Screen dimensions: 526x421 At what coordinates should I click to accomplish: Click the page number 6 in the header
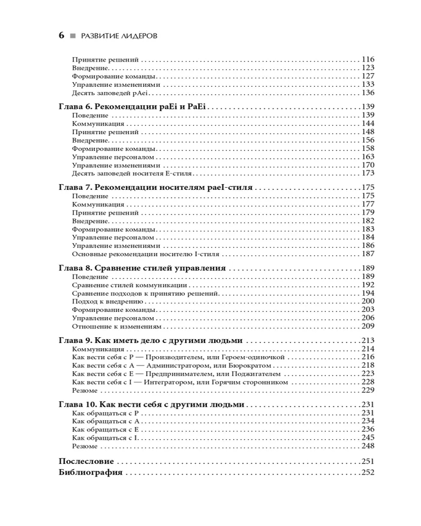click(x=62, y=36)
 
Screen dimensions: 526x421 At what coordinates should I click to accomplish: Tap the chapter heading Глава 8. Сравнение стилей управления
click(x=142, y=268)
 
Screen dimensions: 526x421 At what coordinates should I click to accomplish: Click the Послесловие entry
click(x=86, y=461)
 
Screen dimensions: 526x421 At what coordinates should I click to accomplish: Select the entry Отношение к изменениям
click(x=113, y=326)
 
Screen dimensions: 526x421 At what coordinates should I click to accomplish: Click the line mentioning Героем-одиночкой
click(x=178, y=357)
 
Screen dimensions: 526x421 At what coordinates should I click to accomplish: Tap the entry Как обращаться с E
click(x=105, y=429)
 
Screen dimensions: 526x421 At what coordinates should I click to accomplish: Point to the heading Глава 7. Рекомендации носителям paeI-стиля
click(x=156, y=187)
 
